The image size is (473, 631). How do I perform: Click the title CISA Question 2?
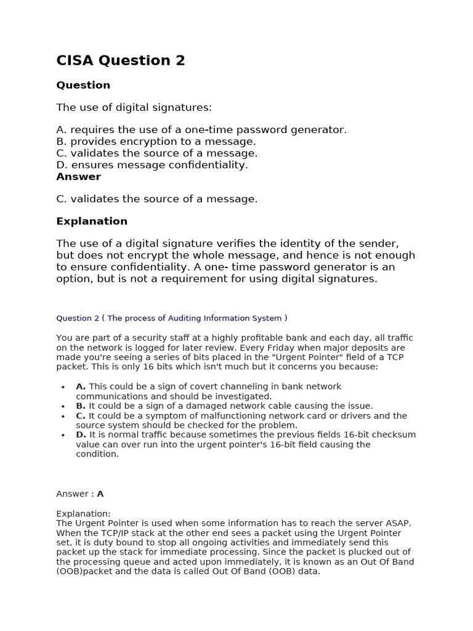pyautogui.click(x=121, y=60)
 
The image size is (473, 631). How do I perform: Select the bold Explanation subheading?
pyautogui.click(x=92, y=221)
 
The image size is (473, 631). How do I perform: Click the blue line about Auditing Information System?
pyautogui.click(x=172, y=318)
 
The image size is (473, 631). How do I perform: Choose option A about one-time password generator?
pyautogui.click(x=201, y=129)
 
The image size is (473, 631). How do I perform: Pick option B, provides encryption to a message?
pyautogui.click(x=156, y=141)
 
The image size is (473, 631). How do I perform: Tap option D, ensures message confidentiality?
pyautogui.click(x=152, y=165)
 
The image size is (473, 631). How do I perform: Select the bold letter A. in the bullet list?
pyautogui.click(x=81, y=386)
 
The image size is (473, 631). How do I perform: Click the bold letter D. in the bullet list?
pyautogui.click(x=81, y=434)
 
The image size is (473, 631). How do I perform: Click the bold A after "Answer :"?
pyautogui.click(x=100, y=494)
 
